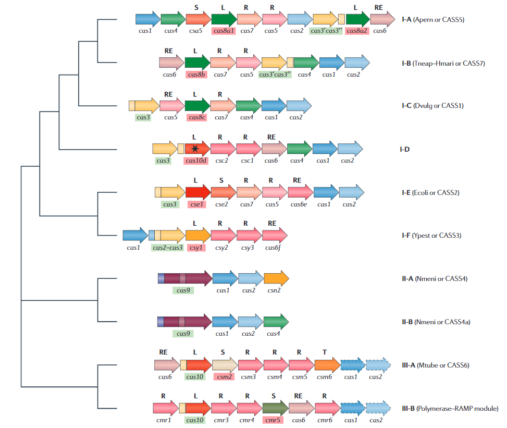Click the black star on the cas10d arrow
click(195, 149)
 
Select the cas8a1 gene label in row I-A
click(224, 31)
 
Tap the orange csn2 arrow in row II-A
click(276, 278)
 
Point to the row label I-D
click(404, 150)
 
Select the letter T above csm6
click(325, 352)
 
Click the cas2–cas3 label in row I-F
click(167, 248)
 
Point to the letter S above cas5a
click(196, 8)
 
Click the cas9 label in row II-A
click(183, 290)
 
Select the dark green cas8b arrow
click(197, 63)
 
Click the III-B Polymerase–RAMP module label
click(446, 408)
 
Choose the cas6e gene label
click(298, 204)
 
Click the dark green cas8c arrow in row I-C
click(197, 106)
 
